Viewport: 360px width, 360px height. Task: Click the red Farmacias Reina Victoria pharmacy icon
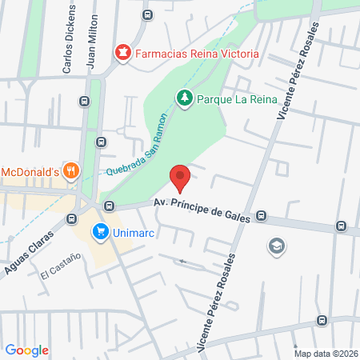122,54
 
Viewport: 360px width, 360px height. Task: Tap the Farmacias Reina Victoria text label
197,54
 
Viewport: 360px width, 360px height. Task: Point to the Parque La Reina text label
238,98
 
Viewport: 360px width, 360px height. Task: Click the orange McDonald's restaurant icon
71,170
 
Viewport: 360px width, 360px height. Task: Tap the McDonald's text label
30,171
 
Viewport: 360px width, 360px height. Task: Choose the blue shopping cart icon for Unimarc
100,233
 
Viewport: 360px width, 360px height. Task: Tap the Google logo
27,350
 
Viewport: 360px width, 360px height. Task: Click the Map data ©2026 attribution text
325,353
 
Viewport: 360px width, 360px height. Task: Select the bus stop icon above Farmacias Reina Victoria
146,14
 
